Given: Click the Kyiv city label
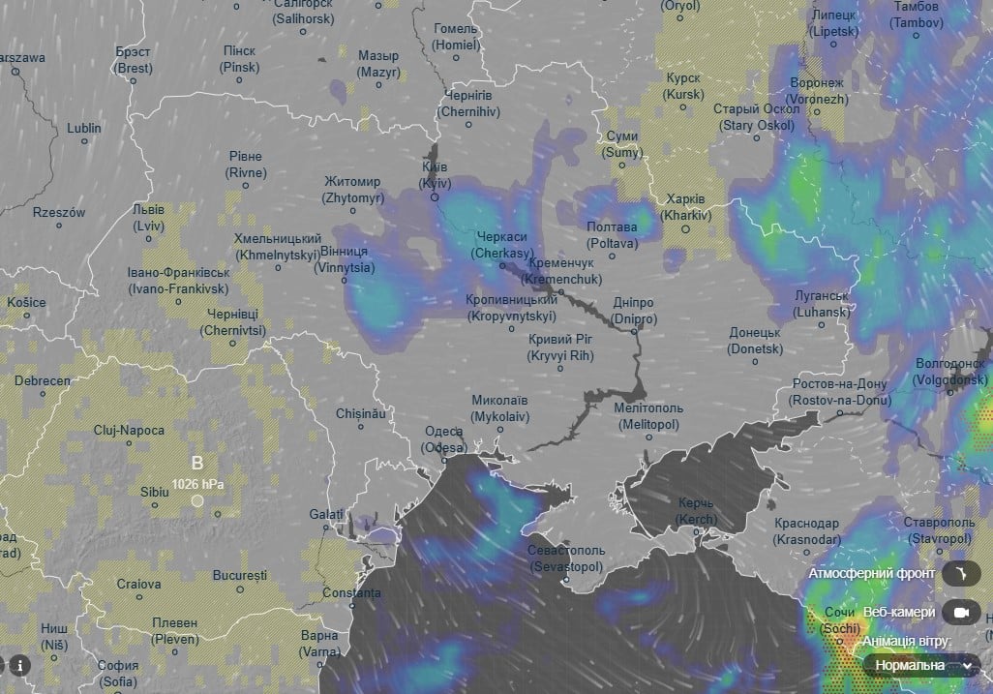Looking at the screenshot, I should coord(435,174).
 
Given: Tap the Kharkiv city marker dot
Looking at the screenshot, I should coord(685,229).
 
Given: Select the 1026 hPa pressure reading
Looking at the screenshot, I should coord(198,483).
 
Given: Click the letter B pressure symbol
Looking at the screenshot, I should coord(197,463).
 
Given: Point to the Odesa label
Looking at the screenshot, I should coord(443,439).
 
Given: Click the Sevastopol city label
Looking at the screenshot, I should coord(566,558).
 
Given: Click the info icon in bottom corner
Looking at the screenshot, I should coord(18,665).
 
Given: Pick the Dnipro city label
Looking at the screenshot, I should coord(634,311).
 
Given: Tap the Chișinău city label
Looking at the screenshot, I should coord(360,413).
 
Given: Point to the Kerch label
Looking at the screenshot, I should coord(696,511).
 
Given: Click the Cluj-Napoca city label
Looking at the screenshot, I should coord(129,430).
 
